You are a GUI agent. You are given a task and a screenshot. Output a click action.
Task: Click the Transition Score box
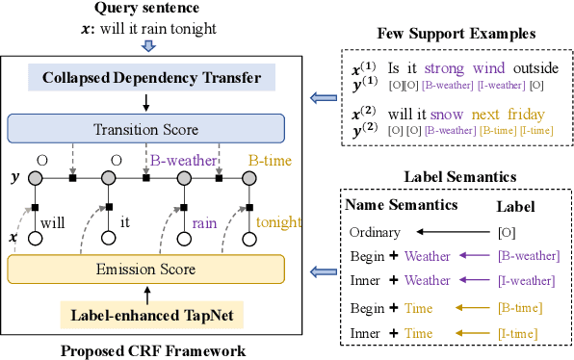click(145, 128)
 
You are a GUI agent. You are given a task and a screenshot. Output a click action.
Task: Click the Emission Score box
click(145, 269)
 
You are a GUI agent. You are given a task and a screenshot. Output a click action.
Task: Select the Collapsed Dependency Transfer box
click(145, 76)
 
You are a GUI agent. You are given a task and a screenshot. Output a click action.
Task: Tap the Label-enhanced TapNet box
click(145, 314)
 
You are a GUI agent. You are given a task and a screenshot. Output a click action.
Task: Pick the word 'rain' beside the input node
click(204, 221)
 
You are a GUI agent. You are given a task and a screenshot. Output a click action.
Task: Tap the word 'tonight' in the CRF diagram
click(278, 221)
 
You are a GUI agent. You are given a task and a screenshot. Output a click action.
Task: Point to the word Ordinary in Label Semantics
click(373, 231)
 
